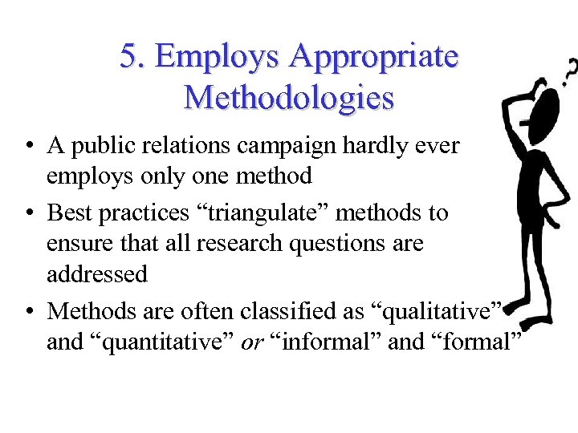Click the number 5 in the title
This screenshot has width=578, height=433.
click(128, 57)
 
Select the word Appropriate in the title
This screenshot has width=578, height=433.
click(374, 57)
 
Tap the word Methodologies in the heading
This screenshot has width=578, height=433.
click(289, 98)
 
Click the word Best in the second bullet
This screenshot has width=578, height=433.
click(67, 213)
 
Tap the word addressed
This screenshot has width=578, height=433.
click(97, 274)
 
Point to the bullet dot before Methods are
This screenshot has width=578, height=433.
click(29, 310)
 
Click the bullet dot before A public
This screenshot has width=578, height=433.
click(29, 147)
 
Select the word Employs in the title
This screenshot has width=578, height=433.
click(218, 57)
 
